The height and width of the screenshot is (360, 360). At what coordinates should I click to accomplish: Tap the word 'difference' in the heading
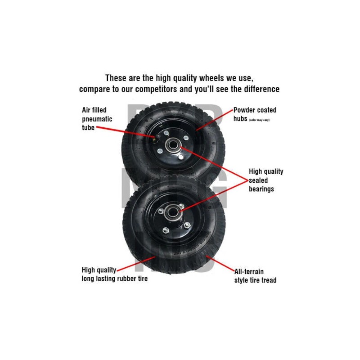point(258,89)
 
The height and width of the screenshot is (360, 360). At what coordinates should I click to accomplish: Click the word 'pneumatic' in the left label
point(97,119)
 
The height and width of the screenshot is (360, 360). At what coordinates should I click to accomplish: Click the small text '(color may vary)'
point(259,120)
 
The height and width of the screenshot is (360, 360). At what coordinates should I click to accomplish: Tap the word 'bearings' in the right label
point(261,189)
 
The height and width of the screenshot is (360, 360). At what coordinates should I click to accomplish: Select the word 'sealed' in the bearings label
point(258,180)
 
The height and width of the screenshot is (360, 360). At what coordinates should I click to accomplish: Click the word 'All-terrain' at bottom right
point(249,271)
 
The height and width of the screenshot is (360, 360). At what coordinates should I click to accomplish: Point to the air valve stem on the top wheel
point(154,139)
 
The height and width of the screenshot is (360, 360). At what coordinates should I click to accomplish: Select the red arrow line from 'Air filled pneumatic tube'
point(126,131)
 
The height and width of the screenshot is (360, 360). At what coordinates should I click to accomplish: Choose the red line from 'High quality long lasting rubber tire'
point(135,263)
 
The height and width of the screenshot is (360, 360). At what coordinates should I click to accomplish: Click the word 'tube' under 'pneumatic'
point(88,128)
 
